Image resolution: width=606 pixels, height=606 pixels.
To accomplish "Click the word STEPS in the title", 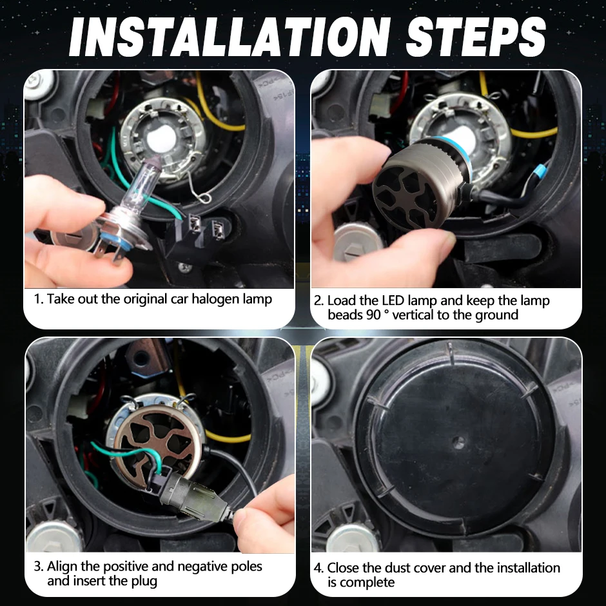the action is click(x=476, y=37).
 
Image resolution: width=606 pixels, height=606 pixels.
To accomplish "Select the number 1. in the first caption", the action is click(x=38, y=298).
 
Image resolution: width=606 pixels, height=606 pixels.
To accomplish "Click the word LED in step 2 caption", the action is click(x=393, y=300).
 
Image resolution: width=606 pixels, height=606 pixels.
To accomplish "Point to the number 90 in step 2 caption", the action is click(x=373, y=315).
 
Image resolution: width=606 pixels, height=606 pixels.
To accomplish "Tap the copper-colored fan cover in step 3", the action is click(x=159, y=440).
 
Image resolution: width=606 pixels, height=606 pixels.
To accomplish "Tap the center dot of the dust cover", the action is click(x=458, y=442).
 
